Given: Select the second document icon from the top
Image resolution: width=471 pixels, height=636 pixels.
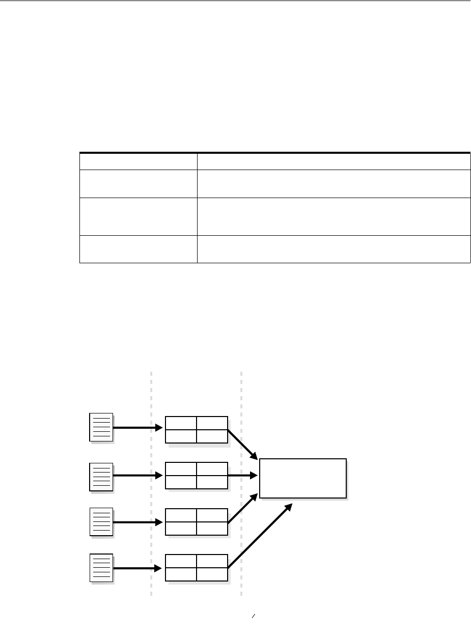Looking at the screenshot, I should pos(101,476).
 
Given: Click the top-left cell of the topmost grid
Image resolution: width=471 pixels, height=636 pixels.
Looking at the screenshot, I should pos(181,423).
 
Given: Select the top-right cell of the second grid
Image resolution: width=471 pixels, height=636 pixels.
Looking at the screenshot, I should pos(212,469).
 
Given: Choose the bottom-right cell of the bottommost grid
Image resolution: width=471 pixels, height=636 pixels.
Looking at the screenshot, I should pos(212,574).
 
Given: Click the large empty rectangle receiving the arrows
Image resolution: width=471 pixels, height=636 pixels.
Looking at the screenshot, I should pos(303,478).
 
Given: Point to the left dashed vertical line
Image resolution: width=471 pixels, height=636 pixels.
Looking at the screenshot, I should pos(151,484).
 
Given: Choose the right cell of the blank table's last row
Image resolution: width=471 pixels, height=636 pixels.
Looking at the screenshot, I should pos(334,249).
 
